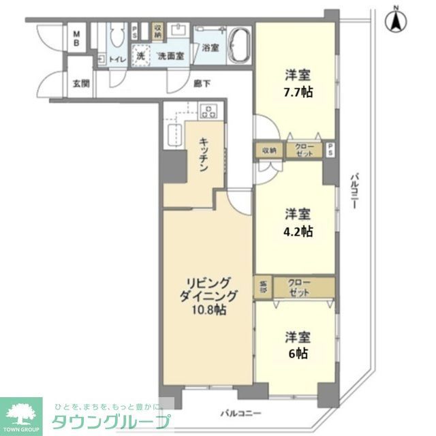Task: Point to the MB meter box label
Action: point(77,38)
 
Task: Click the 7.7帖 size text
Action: point(299,92)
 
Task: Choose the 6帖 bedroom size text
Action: point(299,354)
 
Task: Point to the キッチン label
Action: point(204,155)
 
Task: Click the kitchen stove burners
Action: point(208,110)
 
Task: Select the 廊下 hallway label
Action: point(201,83)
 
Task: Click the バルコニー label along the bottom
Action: point(240,414)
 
